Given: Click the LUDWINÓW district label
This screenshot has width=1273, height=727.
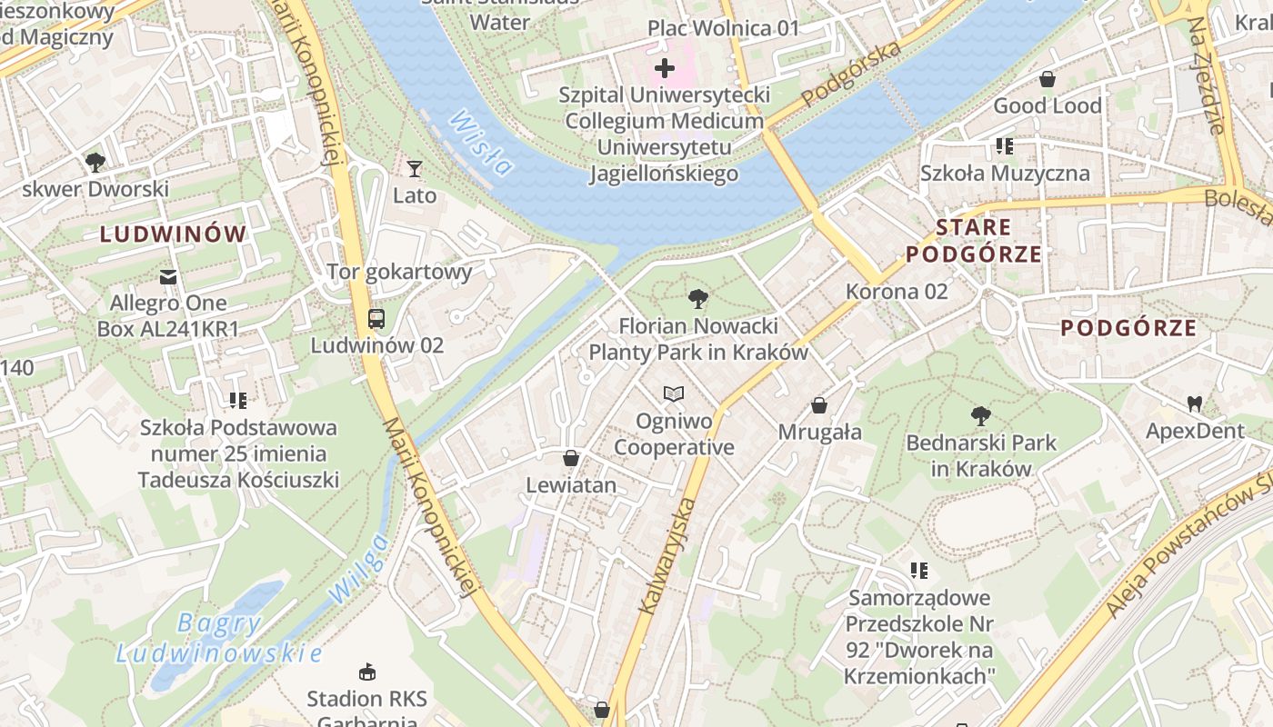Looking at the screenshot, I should pos(173,234).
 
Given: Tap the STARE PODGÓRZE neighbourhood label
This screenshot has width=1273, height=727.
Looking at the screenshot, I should pos(974,241).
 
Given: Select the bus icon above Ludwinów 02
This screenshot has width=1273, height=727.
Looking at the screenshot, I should pos(376,319).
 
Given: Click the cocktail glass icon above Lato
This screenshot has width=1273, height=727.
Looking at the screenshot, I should pos(415,169).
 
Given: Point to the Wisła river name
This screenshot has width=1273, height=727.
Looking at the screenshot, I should pos(481,143).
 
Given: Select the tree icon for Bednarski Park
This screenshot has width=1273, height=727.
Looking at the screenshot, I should pos(980,416).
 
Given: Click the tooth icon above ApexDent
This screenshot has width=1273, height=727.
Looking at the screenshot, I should pos(1194,403).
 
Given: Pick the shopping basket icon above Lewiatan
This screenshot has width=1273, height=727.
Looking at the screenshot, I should pos(571,458).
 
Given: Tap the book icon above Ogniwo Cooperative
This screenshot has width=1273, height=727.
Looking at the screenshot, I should pos(673,393).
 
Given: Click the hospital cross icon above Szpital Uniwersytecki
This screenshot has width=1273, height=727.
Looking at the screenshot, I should pos(665,67).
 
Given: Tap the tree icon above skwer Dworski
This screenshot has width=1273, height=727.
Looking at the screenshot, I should pos(95,163).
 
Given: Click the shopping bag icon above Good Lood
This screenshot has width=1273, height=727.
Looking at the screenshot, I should pos(1047,79).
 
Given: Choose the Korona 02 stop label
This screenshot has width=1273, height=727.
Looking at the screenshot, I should pos(897,291).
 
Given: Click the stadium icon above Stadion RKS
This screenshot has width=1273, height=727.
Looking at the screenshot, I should pos(367,672).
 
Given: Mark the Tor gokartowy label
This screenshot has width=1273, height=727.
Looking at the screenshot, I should pos(399,272).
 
